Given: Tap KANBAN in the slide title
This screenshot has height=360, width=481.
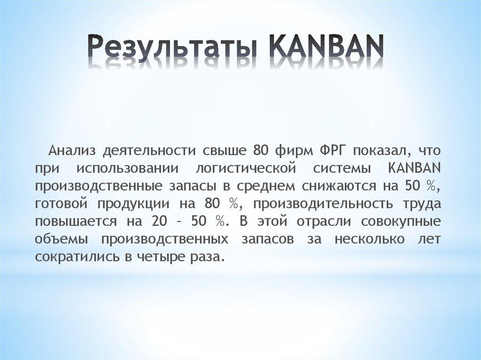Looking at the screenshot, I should click(x=327, y=47).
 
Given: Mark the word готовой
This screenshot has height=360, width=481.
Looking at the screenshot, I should click(x=61, y=204).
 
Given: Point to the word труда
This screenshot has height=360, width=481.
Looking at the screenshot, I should click(x=420, y=204).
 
